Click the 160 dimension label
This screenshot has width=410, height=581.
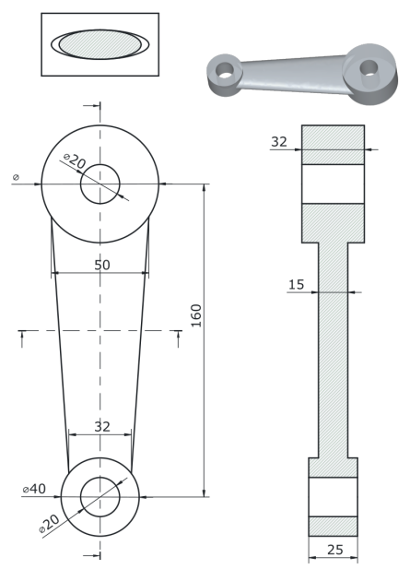click(196, 315)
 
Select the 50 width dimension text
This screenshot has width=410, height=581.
click(102, 265)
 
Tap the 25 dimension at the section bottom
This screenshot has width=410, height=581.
click(334, 550)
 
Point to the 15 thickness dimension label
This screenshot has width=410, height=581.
click(296, 285)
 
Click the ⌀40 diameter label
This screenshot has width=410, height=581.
click(34, 489)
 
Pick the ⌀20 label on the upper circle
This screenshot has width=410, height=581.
click(75, 160)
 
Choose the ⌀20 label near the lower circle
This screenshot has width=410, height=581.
click(49, 524)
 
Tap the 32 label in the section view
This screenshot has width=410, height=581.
click(279, 141)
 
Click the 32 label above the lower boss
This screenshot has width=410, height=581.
click(102, 427)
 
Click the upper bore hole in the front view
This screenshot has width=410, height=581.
click(100, 184)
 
